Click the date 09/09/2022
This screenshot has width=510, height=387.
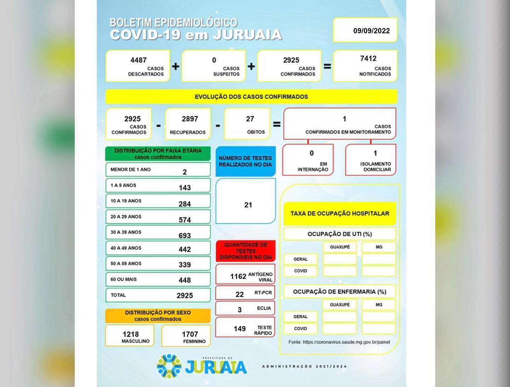point(371,31)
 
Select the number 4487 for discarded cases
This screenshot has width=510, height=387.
point(138,60)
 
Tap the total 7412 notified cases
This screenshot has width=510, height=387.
point(368,58)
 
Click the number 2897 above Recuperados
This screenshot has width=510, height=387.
point(190,119)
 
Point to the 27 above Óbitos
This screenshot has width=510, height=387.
point(250,119)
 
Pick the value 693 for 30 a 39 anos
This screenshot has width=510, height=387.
point(185,236)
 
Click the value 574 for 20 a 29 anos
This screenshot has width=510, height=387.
point(185,220)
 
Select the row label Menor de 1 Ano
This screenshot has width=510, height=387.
point(131,169)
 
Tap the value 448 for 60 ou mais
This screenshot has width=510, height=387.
point(185,280)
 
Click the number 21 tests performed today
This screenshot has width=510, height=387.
point(248,205)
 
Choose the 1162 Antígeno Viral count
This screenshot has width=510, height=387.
point(238,276)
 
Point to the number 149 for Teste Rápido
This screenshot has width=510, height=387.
point(239,329)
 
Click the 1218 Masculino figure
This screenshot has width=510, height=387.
point(131,334)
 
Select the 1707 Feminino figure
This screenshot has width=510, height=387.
point(190,334)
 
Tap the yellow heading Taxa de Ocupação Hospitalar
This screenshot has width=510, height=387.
point(340,213)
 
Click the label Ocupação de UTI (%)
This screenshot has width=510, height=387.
point(340,234)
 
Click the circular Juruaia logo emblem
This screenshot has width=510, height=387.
point(169,366)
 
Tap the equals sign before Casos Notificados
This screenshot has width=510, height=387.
point(327,66)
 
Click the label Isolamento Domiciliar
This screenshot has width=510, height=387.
point(375,167)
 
